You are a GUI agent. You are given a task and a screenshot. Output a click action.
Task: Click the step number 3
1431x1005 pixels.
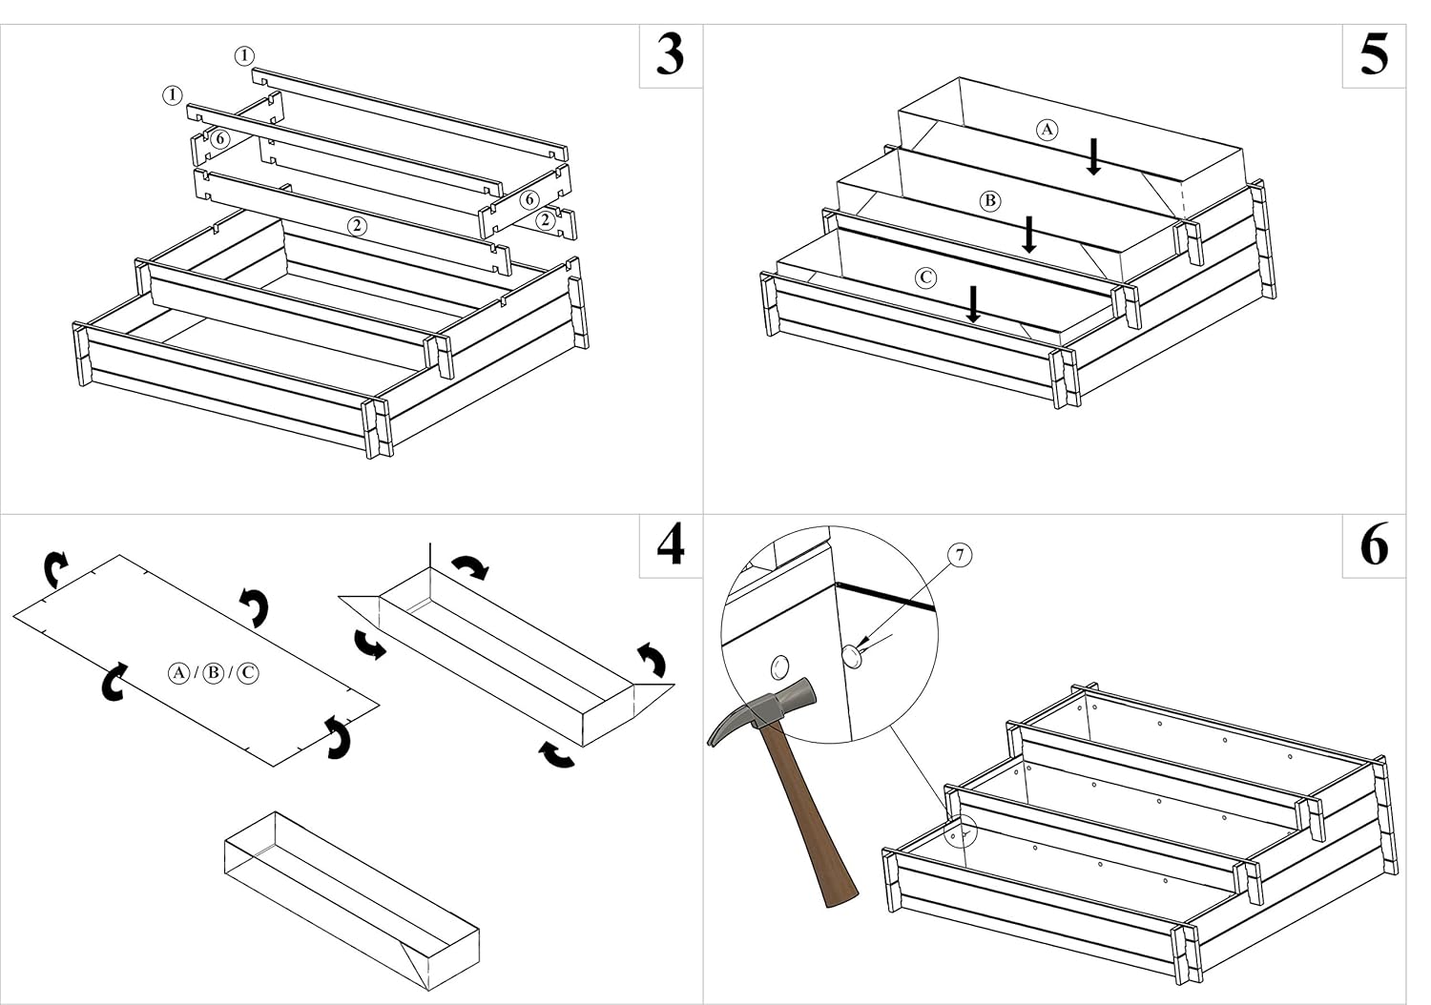[x=670, y=55]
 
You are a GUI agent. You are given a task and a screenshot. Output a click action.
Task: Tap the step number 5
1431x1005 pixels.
[x=1374, y=55]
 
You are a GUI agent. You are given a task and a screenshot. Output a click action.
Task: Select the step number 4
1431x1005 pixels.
[x=671, y=544]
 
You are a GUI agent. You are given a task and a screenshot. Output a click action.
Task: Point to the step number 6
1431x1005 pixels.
[x=1374, y=544]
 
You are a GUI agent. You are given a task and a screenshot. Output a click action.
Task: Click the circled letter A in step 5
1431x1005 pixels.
[x=1047, y=130]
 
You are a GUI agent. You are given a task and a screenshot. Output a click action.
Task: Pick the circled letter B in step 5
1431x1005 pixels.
[x=989, y=201]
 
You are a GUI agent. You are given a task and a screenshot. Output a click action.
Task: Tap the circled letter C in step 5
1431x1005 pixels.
[x=925, y=277]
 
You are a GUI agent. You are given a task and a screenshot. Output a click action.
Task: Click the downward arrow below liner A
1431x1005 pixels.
[x=1093, y=156]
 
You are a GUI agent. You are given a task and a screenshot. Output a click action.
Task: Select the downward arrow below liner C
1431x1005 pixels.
[x=973, y=304]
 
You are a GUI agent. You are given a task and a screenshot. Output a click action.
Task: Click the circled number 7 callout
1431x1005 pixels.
[x=960, y=555]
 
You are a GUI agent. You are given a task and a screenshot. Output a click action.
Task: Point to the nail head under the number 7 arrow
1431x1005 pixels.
[x=852, y=655]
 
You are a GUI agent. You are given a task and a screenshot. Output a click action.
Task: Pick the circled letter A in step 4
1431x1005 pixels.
[x=179, y=673]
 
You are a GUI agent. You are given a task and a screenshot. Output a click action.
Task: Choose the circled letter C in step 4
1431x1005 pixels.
[x=248, y=673]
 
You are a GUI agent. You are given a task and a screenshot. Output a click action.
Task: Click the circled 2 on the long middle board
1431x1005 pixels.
[x=357, y=225]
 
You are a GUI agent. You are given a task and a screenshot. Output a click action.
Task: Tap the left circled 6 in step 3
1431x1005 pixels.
[x=219, y=139]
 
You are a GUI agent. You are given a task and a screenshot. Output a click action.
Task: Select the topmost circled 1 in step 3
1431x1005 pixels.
[x=244, y=56]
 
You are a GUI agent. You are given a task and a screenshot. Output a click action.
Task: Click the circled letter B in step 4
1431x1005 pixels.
[x=214, y=673]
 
